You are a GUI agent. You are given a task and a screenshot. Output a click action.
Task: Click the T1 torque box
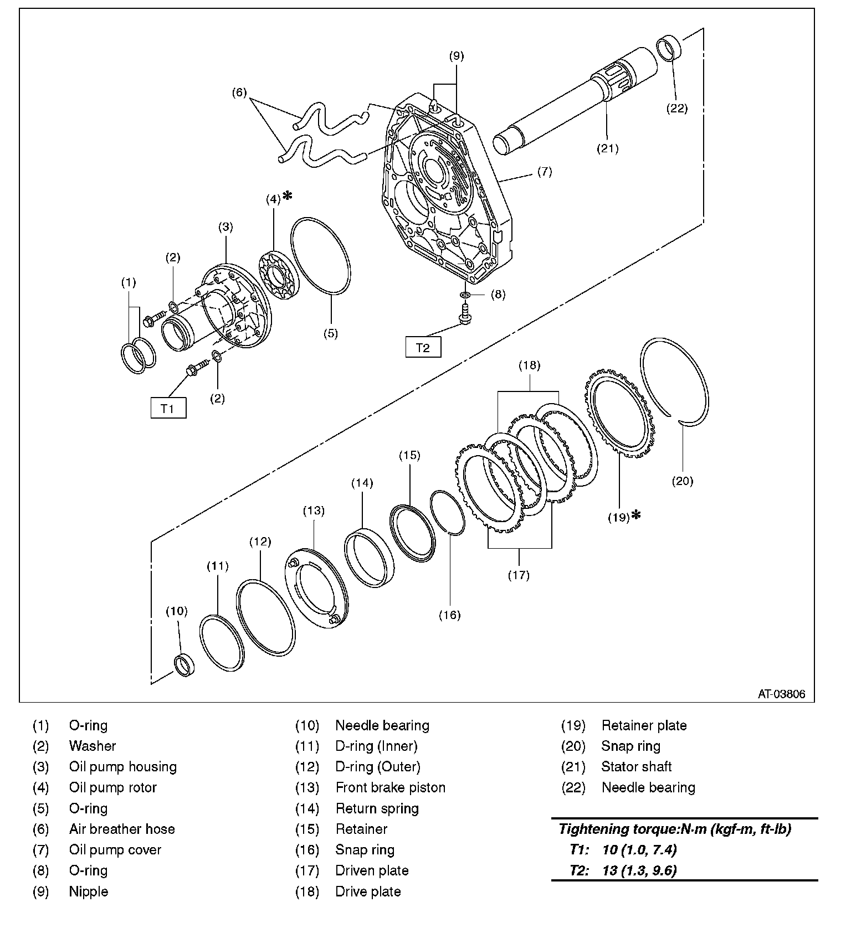click(x=168, y=408)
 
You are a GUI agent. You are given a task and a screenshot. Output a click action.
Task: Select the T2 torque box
click(x=423, y=347)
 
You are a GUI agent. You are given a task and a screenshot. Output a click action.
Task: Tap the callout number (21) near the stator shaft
click(x=607, y=148)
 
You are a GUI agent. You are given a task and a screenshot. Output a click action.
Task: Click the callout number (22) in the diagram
click(x=676, y=109)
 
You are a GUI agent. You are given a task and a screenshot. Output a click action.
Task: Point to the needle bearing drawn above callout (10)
click(x=185, y=664)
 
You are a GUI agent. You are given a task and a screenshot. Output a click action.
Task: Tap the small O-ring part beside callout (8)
click(x=466, y=294)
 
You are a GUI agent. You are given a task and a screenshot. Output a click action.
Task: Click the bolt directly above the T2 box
click(x=465, y=315)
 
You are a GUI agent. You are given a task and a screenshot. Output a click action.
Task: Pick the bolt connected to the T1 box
click(x=197, y=367)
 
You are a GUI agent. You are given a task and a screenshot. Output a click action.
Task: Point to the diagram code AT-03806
click(x=781, y=694)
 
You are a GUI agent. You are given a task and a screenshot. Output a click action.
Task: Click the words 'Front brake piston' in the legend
click(x=390, y=787)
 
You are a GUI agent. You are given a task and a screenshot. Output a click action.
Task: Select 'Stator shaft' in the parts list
click(x=636, y=767)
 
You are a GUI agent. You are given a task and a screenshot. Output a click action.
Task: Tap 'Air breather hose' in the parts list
click(x=122, y=829)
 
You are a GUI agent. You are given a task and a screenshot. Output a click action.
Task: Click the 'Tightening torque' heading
click(x=675, y=829)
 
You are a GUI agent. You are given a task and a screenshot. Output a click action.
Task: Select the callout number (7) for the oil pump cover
click(x=545, y=172)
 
